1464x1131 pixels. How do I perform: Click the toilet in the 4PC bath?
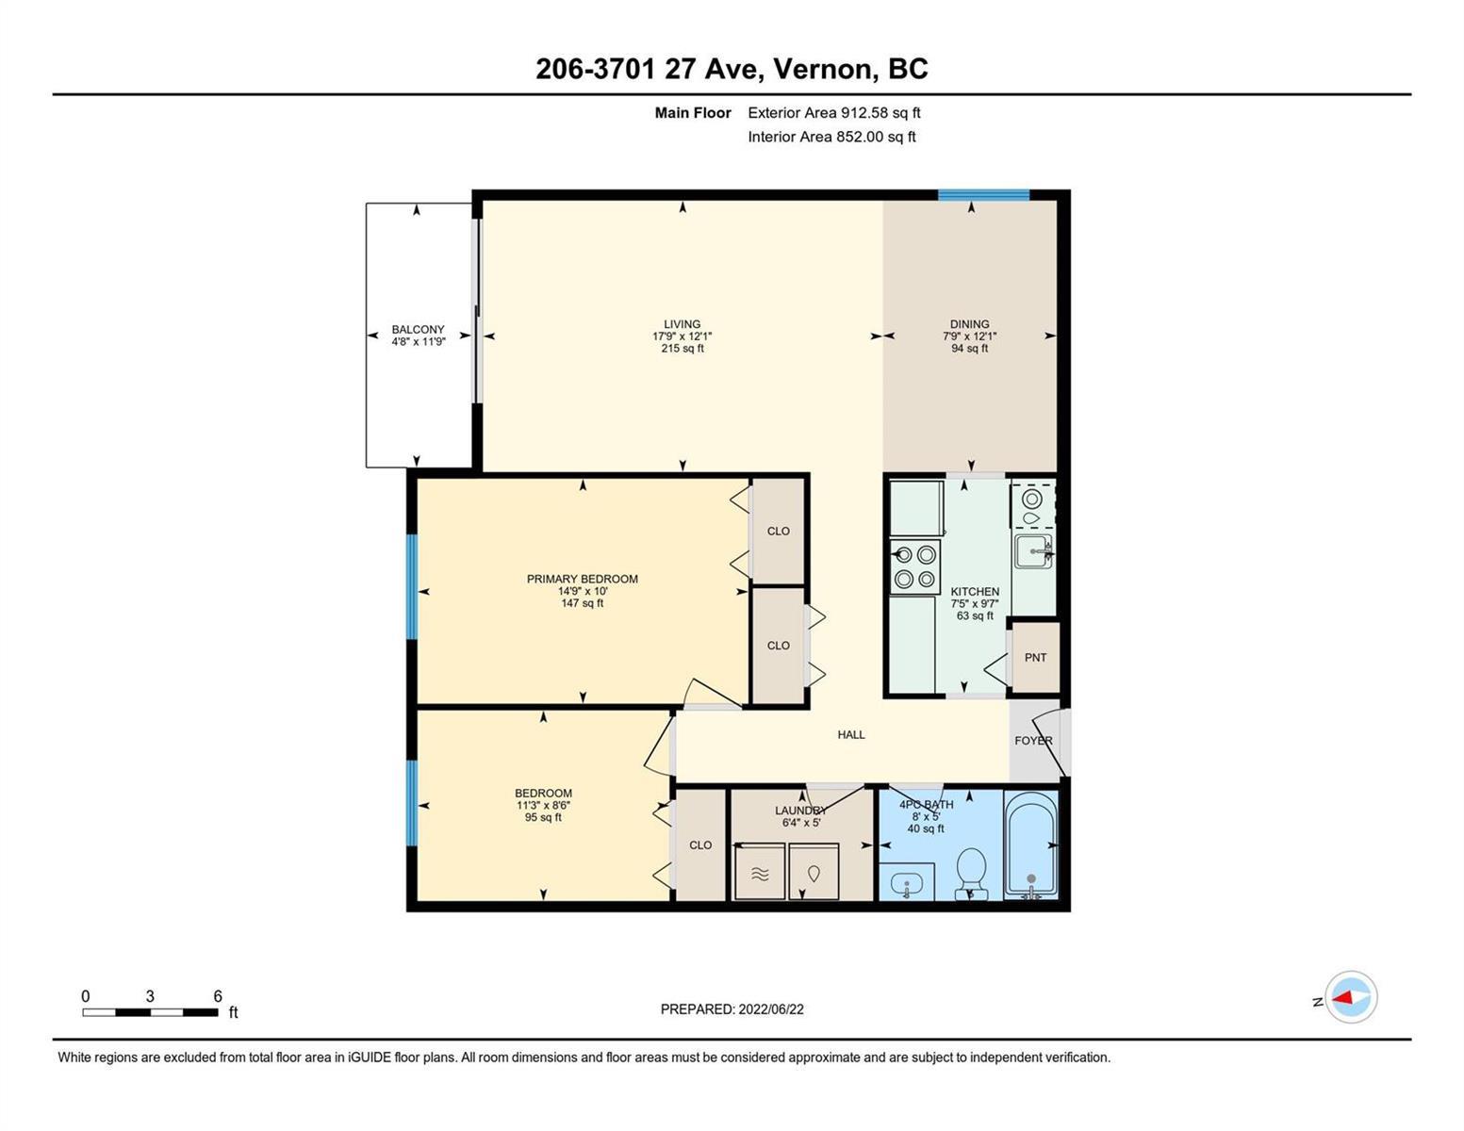(x=971, y=873)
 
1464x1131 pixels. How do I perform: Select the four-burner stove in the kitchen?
(x=914, y=566)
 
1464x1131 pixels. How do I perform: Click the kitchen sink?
(x=1033, y=551)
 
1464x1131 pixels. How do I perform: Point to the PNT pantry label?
(x=1035, y=658)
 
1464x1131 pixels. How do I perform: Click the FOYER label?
(x=1033, y=740)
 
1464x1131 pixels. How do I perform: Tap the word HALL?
(x=851, y=734)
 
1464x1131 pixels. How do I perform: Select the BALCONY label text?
(x=418, y=329)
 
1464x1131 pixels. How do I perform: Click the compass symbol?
(x=1350, y=997)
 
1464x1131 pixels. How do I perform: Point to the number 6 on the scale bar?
(x=218, y=996)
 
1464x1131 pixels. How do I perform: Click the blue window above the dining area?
(x=983, y=195)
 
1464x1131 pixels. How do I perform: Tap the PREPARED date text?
(x=732, y=1009)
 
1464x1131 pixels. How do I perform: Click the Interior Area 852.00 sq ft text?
(x=831, y=137)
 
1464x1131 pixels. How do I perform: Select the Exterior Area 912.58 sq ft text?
(x=834, y=112)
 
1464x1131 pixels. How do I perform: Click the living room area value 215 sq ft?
(x=683, y=349)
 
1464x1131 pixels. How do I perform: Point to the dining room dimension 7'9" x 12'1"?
(x=969, y=336)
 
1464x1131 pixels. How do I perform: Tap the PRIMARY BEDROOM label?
(x=582, y=579)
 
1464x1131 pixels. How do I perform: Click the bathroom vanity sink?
(x=907, y=882)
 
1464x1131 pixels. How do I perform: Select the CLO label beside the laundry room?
(x=700, y=844)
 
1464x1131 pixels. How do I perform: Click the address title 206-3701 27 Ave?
(x=650, y=69)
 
